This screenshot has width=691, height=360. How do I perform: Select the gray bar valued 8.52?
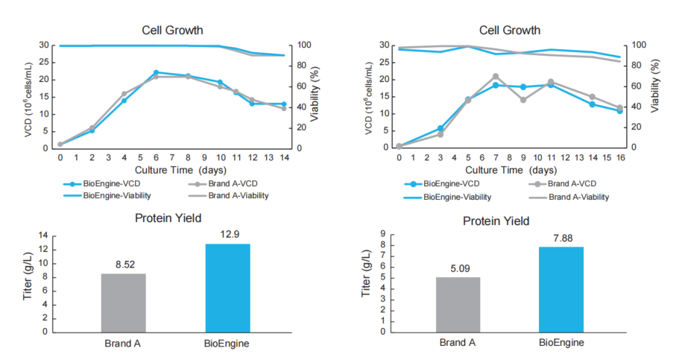coord(124,302)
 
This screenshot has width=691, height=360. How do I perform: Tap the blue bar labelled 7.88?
coord(561,289)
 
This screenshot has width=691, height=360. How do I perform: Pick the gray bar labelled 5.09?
coord(458,304)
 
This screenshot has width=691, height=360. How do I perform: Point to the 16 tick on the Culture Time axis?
coord(619,157)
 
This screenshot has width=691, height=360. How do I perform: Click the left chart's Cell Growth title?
coord(173,31)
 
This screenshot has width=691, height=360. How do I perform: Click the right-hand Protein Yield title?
coord(496,221)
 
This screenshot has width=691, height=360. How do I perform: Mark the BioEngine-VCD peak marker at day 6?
coord(156,72)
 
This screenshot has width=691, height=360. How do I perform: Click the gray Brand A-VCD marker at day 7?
coord(496,76)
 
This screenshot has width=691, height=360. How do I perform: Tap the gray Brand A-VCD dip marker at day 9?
coord(523,100)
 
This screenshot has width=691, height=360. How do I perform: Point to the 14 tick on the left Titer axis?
coord(42,236)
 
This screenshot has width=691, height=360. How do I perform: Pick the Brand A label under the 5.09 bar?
coord(458,343)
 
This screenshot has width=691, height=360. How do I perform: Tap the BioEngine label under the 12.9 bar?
coord(227,344)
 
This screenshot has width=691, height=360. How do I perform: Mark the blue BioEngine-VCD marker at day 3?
coord(441,128)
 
